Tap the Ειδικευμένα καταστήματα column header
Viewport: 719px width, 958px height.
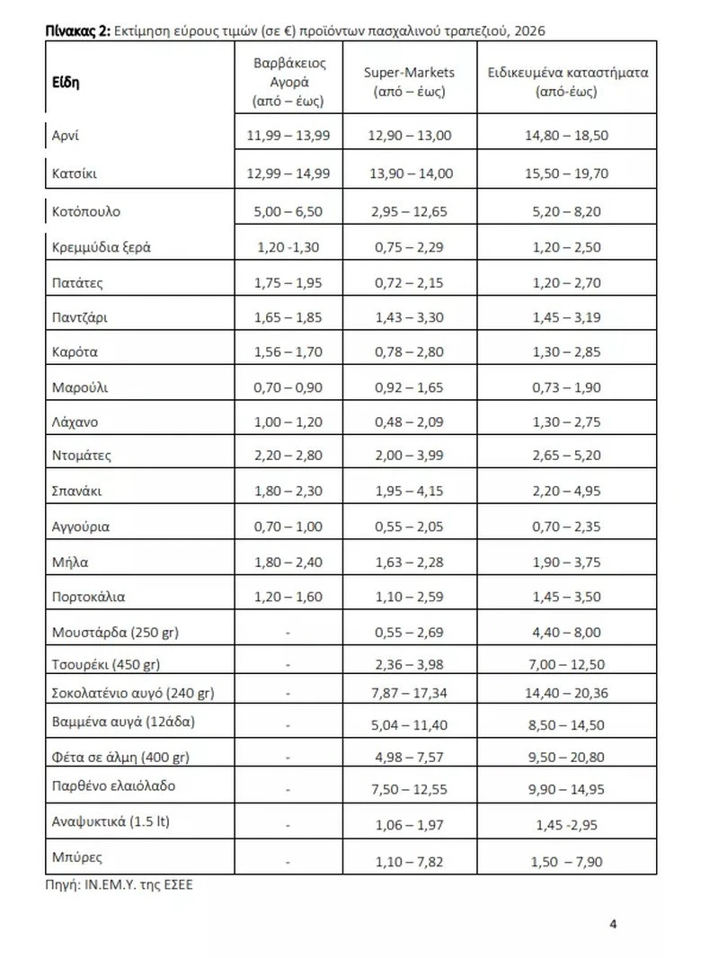567,82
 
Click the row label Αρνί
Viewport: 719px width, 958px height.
67,136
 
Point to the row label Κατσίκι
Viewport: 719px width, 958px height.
75,173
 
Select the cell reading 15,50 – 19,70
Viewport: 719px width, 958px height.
567,173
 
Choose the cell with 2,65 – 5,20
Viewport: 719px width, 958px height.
567,456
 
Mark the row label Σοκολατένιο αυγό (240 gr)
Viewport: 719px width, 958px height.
133,693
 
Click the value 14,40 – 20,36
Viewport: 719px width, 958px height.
567,693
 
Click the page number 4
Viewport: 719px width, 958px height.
613,923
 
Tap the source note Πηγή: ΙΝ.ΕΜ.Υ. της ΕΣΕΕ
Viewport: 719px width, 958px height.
120,884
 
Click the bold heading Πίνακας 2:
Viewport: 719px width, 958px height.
78,31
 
